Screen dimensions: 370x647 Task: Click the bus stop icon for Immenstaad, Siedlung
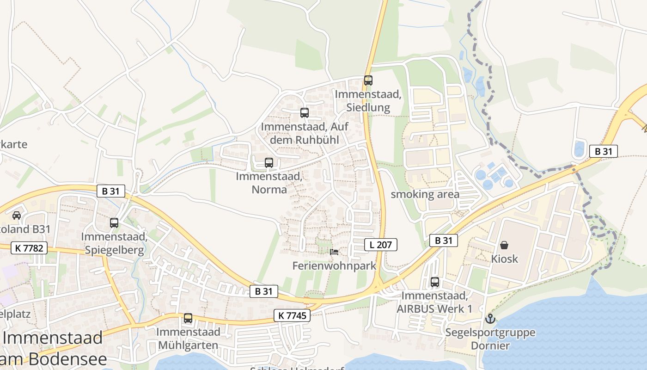pyautogui.click(x=368, y=80)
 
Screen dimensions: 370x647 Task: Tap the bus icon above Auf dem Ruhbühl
pyautogui.click(x=304, y=113)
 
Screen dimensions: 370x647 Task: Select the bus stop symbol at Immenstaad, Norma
pyautogui.click(x=269, y=162)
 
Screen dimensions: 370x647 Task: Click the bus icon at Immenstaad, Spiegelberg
pyautogui.click(x=114, y=223)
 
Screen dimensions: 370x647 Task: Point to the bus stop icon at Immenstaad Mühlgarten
pyautogui.click(x=188, y=318)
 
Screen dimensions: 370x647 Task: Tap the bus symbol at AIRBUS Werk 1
pyautogui.click(x=434, y=282)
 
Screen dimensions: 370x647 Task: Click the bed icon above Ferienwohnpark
pyautogui.click(x=334, y=252)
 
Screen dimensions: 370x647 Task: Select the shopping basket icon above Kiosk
pyautogui.click(x=504, y=245)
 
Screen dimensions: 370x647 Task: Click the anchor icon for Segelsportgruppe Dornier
pyautogui.click(x=490, y=319)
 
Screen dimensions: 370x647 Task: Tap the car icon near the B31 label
pyautogui.click(x=17, y=215)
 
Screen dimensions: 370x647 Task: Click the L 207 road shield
pyautogui.click(x=381, y=245)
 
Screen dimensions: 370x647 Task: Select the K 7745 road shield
pyautogui.click(x=292, y=315)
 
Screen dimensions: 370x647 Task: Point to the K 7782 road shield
pyautogui.click(x=29, y=248)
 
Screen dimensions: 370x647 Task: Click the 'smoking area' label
pyautogui.click(x=425, y=194)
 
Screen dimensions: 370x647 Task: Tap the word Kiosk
pyautogui.click(x=505, y=259)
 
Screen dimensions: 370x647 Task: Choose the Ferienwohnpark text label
pyautogui.click(x=335, y=266)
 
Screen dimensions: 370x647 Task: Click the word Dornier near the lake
pyautogui.click(x=490, y=345)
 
